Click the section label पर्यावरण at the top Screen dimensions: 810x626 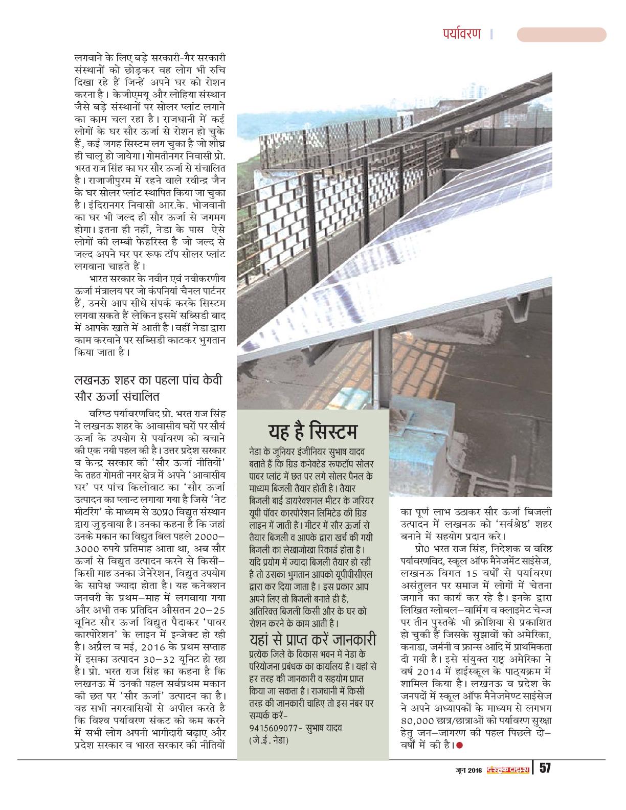click(x=461, y=34)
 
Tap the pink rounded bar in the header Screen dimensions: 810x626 click(x=561, y=35)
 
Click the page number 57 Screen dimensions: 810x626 click(x=545, y=768)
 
